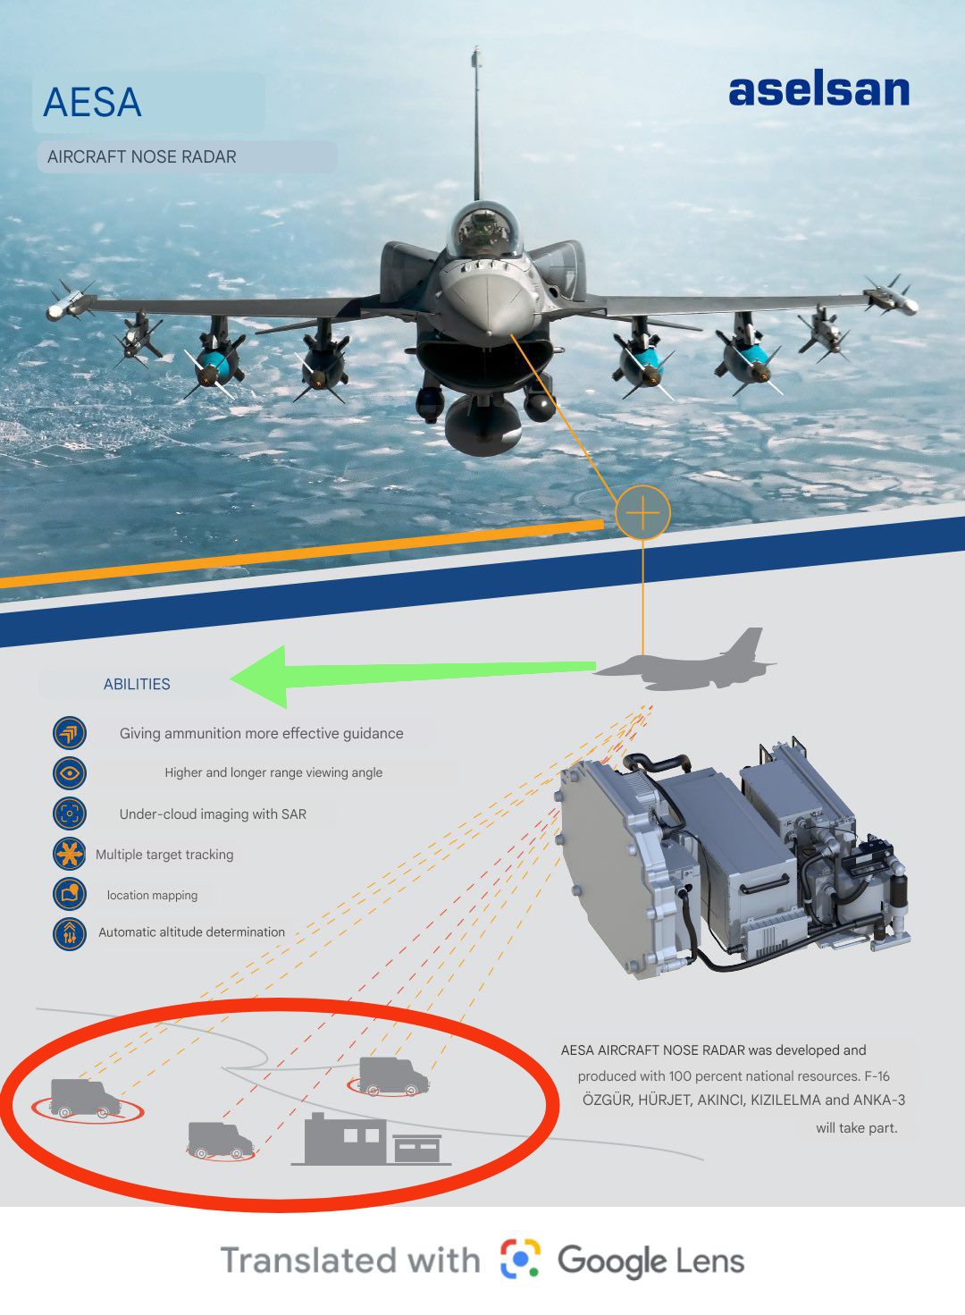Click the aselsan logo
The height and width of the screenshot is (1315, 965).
click(x=819, y=91)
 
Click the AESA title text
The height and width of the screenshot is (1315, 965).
click(x=92, y=102)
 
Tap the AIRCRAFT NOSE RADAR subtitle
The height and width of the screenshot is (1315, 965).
click(x=142, y=156)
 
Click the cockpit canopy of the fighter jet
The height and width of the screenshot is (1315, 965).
click(x=484, y=229)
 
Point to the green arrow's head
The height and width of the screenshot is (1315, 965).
click(x=258, y=677)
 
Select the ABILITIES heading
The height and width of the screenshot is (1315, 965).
click(x=137, y=684)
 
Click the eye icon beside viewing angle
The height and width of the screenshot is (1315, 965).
click(x=69, y=772)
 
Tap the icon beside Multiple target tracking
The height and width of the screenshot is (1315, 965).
click(x=69, y=854)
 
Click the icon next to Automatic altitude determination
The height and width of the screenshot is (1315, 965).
click(x=69, y=933)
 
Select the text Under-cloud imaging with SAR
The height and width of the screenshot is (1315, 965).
click(x=213, y=813)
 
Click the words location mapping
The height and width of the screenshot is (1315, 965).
click(x=152, y=895)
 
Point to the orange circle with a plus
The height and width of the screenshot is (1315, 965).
click(x=643, y=512)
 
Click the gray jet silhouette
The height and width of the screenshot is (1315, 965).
click(x=685, y=661)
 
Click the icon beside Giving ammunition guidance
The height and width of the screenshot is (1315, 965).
click(x=69, y=733)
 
